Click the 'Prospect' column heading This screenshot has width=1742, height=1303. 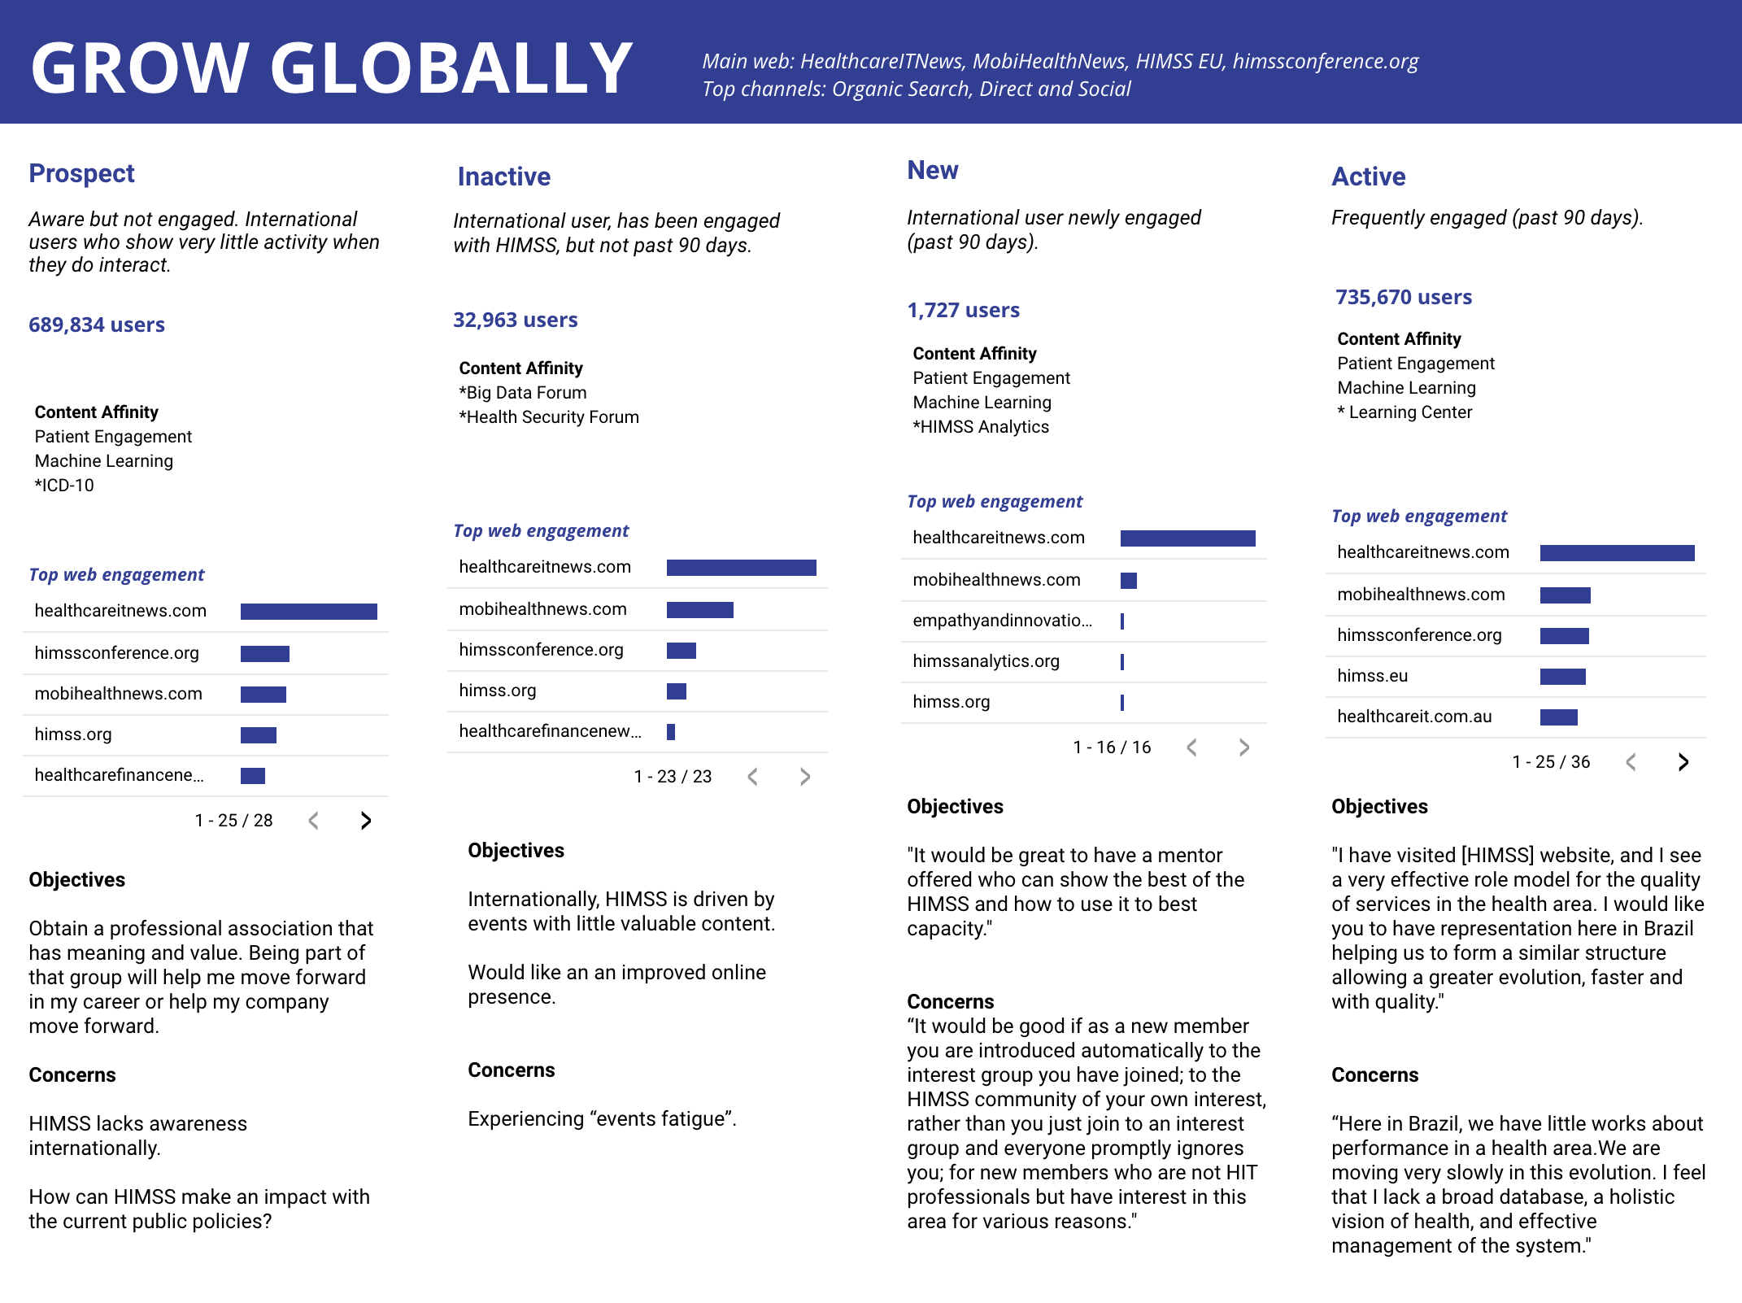click(x=81, y=173)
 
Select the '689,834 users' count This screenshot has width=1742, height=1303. click(x=96, y=325)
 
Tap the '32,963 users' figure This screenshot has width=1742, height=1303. click(x=515, y=320)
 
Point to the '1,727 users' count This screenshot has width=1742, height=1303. click(x=963, y=310)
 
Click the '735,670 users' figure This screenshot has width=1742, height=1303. click(x=1403, y=297)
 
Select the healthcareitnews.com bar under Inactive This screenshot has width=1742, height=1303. click(x=741, y=568)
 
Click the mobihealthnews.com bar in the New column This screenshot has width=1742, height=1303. click(x=1128, y=581)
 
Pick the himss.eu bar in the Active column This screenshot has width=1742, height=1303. click(x=1562, y=677)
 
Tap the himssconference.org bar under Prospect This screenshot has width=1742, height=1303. click(x=264, y=654)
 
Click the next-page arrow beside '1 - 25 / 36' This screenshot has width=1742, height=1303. click(x=1683, y=762)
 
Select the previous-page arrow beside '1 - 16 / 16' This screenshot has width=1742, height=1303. click(x=1191, y=747)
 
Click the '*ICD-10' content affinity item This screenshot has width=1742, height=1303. click(x=64, y=486)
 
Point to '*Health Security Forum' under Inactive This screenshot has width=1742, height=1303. click(x=549, y=417)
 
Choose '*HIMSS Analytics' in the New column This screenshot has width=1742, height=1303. click(x=980, y=427)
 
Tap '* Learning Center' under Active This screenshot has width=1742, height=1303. click(x=1404, y=412)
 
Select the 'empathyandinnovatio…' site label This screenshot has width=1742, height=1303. click(x=1002, y=621)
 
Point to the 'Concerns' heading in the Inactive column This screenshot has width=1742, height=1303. click(x=511, y=1070)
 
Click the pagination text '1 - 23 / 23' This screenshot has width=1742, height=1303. click(x=673, y=777)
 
